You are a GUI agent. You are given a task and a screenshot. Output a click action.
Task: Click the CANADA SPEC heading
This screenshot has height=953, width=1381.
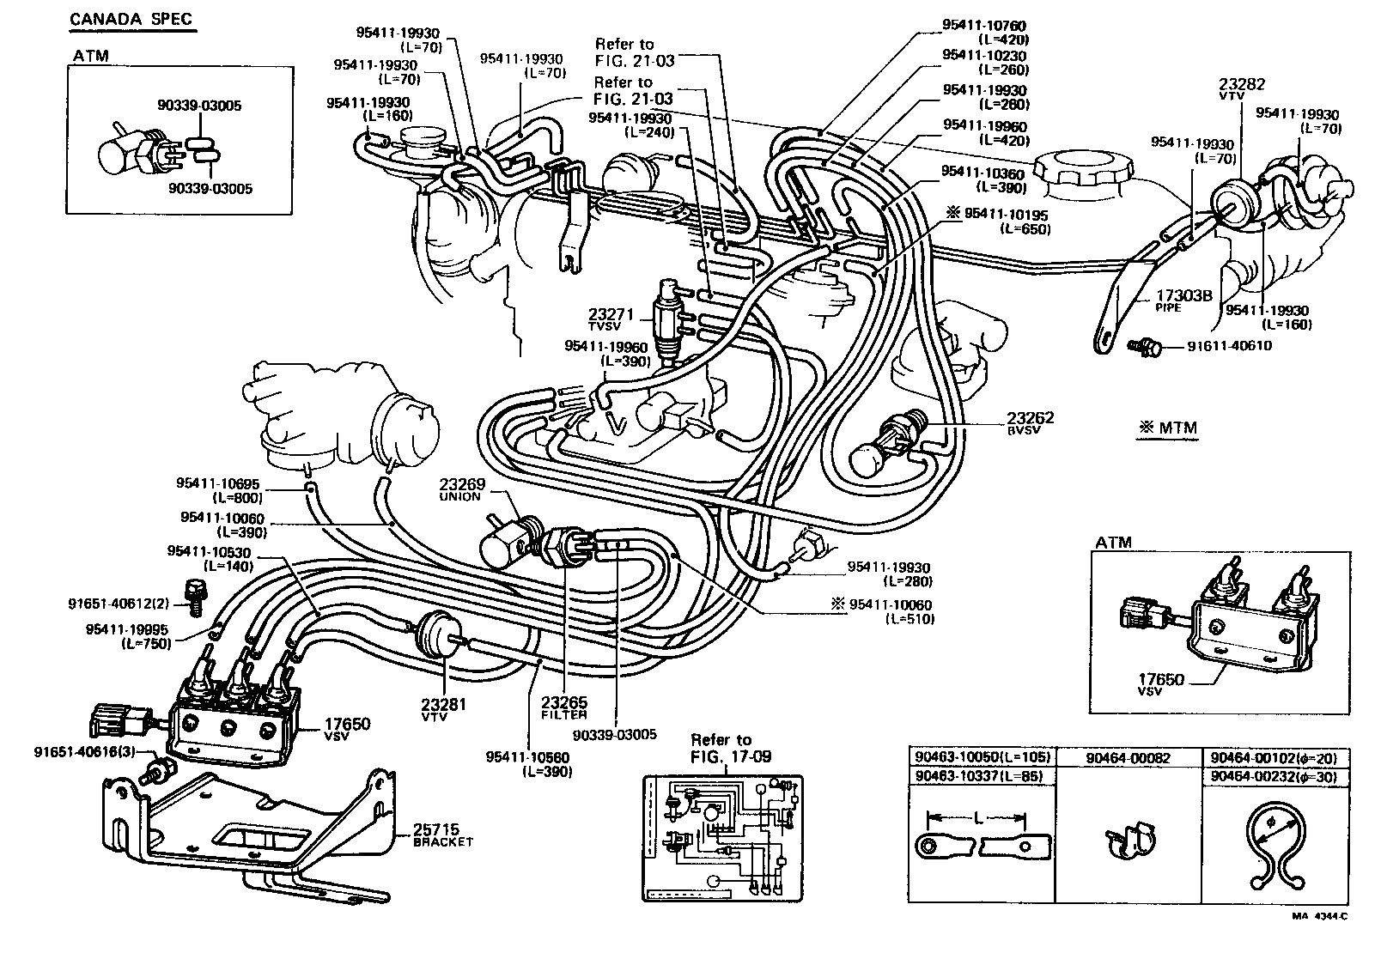131,19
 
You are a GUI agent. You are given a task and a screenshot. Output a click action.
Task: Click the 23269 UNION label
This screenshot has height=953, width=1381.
461,490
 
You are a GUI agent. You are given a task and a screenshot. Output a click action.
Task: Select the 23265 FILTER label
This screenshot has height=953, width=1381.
564,707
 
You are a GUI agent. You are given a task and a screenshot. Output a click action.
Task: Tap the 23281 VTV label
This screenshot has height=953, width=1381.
443,710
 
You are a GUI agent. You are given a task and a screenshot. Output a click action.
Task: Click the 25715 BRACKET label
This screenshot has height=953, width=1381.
442,835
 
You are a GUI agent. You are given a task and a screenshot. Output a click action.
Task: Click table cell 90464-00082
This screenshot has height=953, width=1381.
1127,759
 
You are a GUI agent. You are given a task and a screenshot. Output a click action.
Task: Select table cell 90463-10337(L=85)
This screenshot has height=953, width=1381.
981,776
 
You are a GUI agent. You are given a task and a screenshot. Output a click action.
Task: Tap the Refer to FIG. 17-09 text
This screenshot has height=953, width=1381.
721,748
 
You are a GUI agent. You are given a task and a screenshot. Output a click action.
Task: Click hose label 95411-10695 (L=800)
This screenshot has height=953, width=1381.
218,491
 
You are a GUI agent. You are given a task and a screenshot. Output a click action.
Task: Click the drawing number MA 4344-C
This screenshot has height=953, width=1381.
1319,939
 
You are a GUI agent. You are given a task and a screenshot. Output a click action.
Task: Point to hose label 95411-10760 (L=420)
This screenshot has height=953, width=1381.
985,33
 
